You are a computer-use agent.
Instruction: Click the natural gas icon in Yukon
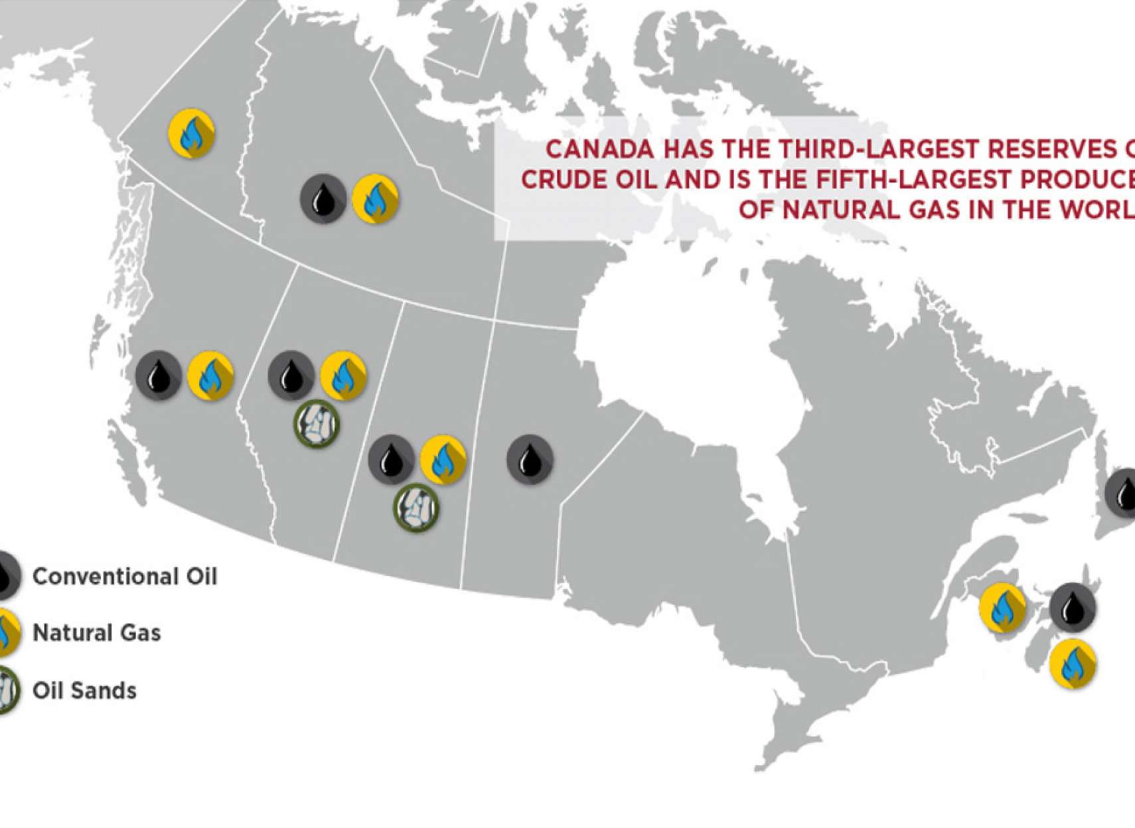191,133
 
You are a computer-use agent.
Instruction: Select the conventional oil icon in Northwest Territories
323,198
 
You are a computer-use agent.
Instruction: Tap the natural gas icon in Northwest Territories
375,198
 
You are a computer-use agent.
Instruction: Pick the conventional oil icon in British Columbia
159,376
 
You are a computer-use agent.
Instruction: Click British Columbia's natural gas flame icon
210,376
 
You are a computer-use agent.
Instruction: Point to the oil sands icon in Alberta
317,424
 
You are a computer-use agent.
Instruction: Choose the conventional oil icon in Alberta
291,376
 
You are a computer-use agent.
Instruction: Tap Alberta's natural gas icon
343,376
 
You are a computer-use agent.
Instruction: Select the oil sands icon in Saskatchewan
416,508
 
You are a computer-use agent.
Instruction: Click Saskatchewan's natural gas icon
443,459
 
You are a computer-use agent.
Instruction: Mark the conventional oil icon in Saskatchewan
391,459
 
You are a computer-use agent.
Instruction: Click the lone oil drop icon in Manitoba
530,459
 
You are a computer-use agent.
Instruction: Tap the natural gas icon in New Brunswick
1002,607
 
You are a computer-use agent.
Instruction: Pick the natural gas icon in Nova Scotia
1073,663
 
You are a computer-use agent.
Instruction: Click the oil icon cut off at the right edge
1122,493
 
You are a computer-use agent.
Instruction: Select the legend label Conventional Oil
125,577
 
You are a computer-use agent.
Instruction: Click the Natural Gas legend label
97,633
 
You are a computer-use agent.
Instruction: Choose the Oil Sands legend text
85,691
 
